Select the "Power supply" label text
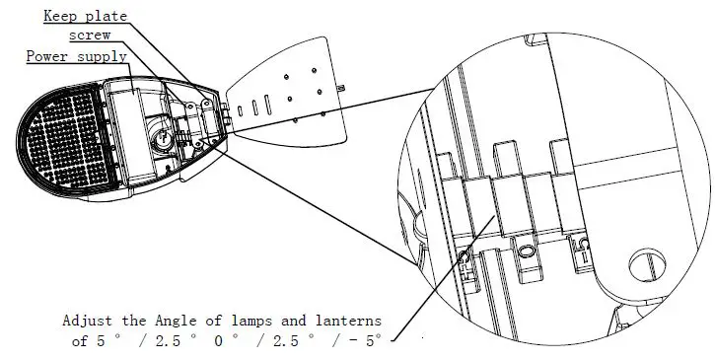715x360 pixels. click(76, 56)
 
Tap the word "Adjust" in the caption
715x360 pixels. click(88, 322)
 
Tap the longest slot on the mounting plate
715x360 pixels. click(250, 106)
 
